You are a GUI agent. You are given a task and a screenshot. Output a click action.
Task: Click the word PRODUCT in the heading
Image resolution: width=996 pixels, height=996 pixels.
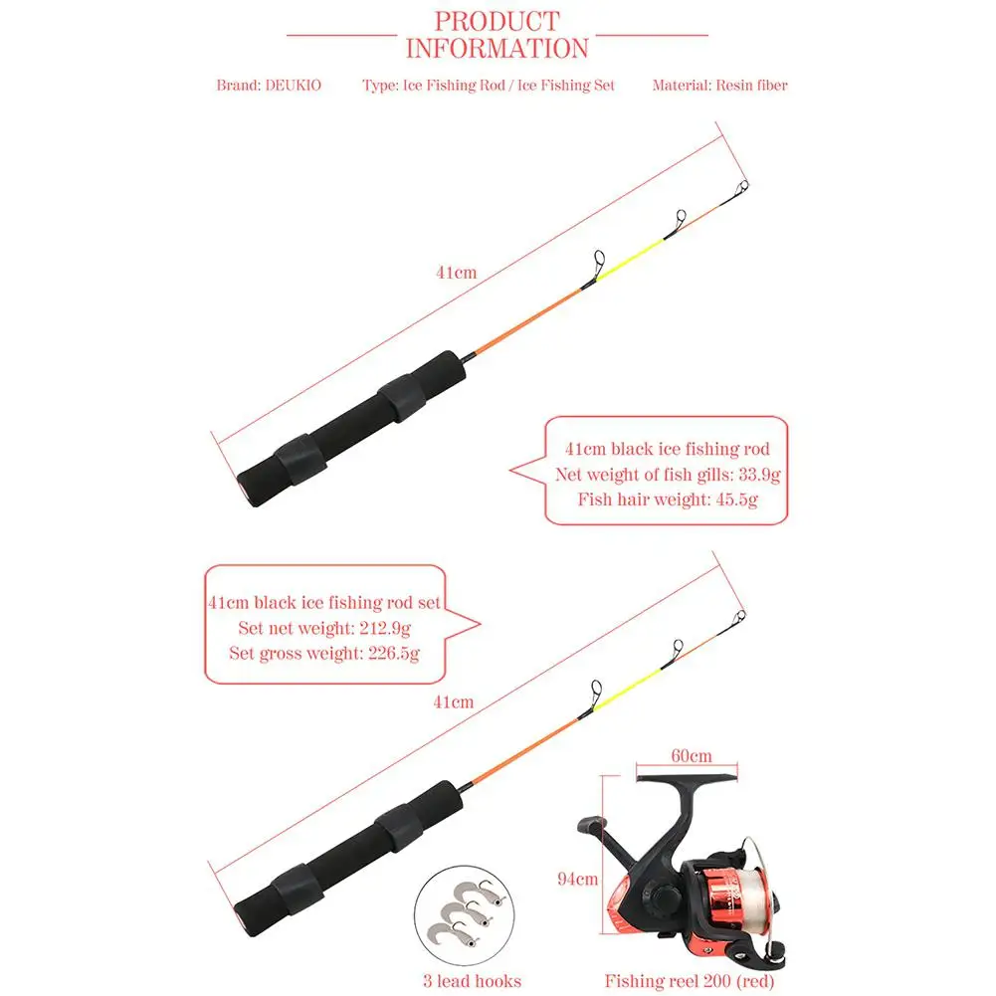pyautogui.click(x=498, y=21)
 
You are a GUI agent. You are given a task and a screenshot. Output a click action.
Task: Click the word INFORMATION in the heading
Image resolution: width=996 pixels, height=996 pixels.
pyautogui.click(x=498, y=48)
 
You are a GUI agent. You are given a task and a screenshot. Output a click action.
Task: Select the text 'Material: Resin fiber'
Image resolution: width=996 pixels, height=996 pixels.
pyautogui.click(x=719, y=86)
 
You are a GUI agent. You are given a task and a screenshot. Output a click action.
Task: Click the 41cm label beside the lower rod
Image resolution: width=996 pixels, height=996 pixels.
pyautogui.click(x=454, y=702)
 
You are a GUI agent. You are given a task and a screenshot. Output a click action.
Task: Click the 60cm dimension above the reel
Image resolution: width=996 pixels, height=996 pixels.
pyautogui.click(x=692, y=755)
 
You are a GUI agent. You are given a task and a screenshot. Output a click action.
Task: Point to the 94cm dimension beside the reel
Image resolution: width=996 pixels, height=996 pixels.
pyautogui.click(x=577, y=879)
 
